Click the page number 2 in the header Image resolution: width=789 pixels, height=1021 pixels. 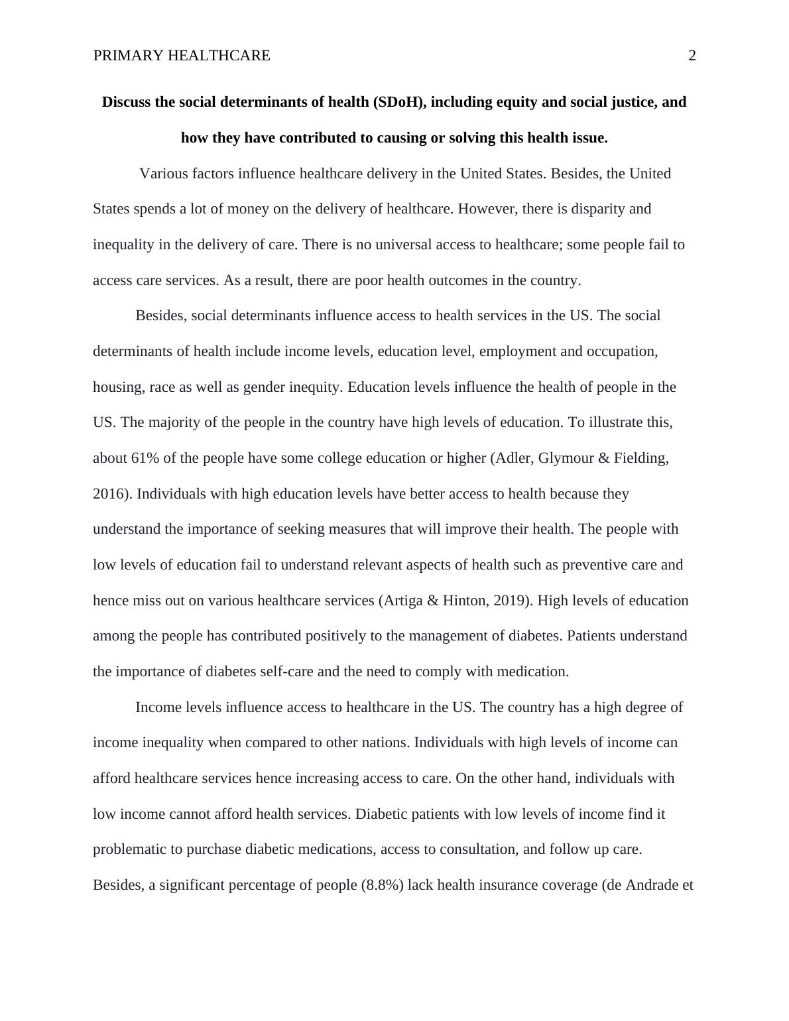692,56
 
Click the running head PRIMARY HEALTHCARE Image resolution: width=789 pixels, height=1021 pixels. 182,56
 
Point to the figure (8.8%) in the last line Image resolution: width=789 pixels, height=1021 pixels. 382,885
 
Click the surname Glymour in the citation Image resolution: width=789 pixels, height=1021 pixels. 566,458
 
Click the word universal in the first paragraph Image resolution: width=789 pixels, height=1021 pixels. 403,245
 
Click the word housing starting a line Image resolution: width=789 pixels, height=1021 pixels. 117,387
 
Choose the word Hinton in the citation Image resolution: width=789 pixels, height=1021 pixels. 463,601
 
